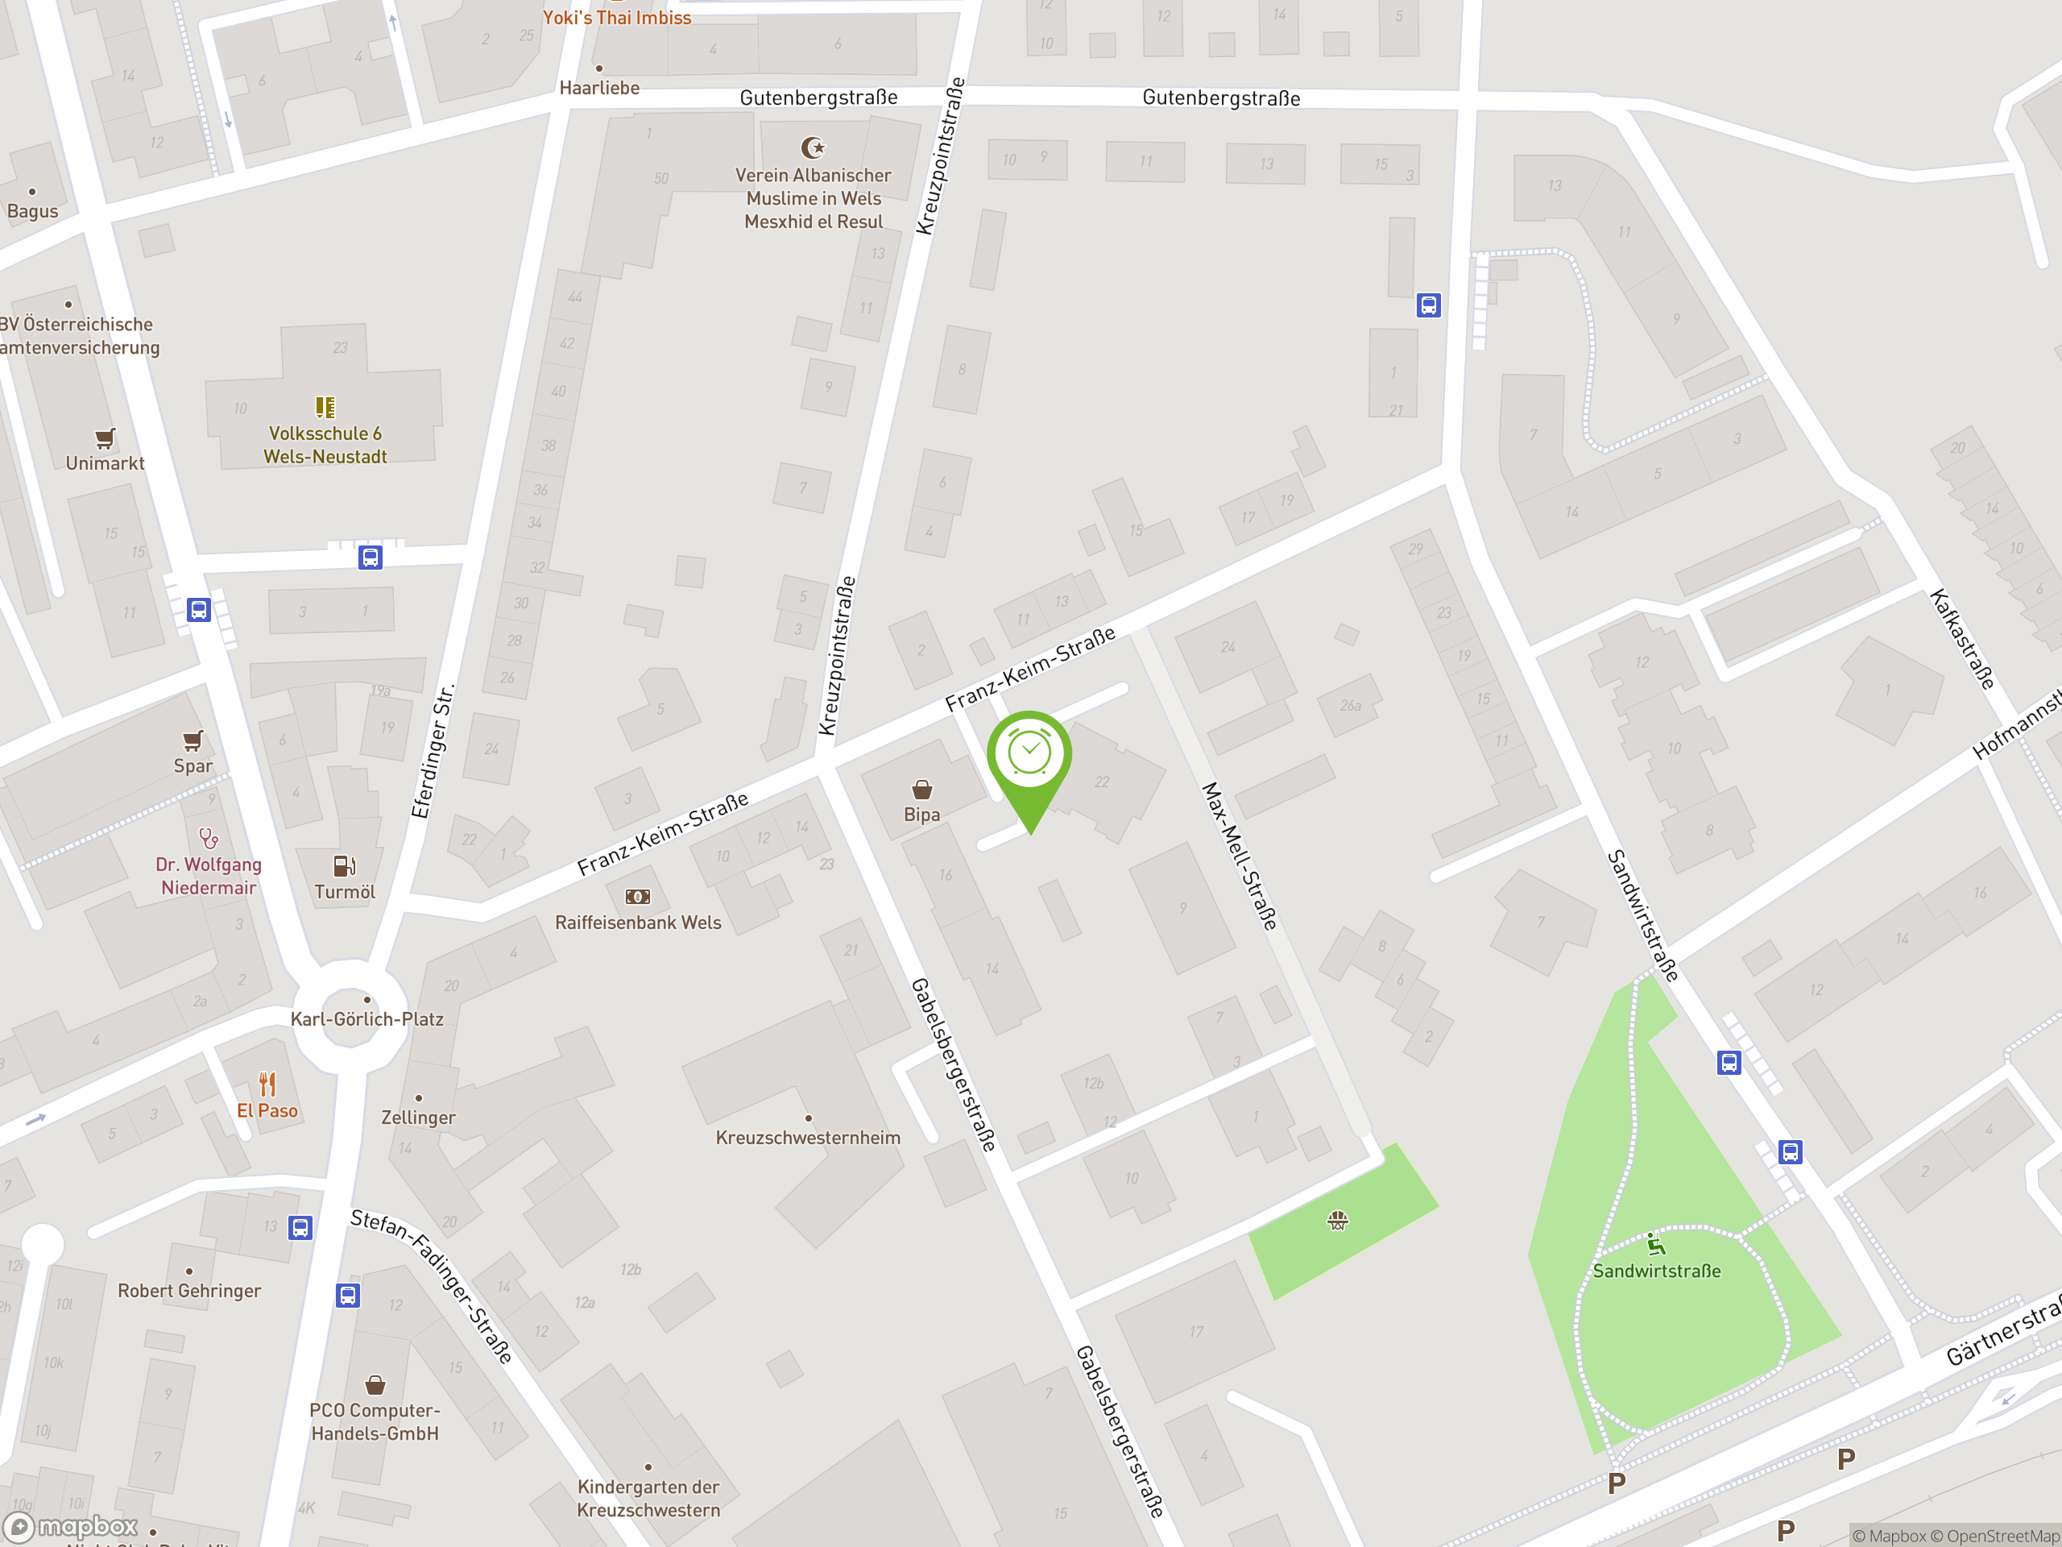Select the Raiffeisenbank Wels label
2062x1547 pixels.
click(638, 923)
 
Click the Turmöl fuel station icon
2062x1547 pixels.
click(344, 865)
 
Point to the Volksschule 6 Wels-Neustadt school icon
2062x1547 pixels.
click(325, 408)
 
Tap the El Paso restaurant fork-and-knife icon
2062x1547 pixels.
click(267, 1084)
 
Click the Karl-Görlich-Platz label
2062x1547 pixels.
click(366, 1018)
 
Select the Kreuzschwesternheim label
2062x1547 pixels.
click(807, 1137)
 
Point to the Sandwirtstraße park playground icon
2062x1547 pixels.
click(1655, 1244)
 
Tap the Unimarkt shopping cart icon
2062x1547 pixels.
click(106, 438)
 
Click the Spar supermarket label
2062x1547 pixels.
click(193, 765)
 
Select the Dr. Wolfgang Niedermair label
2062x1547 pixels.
click(209, 876)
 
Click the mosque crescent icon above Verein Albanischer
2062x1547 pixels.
click(813, 147)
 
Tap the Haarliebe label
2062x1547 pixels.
click(599, 88)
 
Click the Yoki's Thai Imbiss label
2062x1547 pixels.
click(617, 17)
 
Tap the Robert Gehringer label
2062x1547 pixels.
click(189, 1291)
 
